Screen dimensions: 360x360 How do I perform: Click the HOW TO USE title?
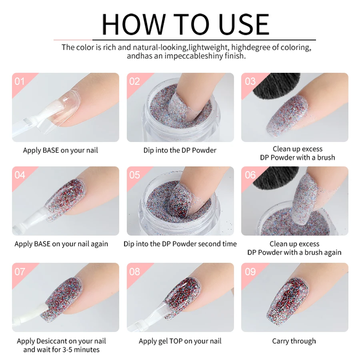[x=185, y=24]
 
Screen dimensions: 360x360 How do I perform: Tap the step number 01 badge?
[x=20, y=82]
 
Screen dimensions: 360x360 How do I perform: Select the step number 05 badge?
[x=134, y=175]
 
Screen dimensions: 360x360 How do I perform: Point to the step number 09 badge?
[x=250, y=272]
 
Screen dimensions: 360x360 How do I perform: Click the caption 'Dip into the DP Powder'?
[x=180, y=150]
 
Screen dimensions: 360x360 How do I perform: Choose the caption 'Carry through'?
[x=294, y=341]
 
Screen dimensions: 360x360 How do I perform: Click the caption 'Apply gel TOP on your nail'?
[x=180, y=341]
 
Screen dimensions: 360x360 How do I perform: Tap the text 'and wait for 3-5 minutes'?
[x=61, y=350]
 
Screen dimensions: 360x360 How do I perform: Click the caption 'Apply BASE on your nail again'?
[x=61, y=244]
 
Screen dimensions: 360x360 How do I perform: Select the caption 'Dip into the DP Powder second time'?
[x=180, y=244]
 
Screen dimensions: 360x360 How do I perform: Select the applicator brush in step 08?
[x=148, y=316]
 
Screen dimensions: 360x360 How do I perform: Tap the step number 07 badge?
[x=20, y=272]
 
